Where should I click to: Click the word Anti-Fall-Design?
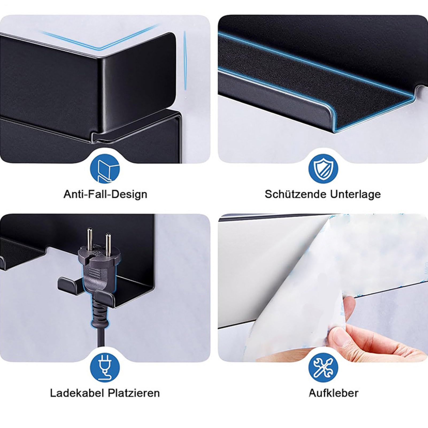pyautogui.click(x=105, y=194)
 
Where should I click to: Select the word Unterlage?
pyautogui.click(x=355, y=194)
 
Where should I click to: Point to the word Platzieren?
pyautogui.click(x=134, y=393)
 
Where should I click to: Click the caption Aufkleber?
pyautogui.click(x=333, y=393)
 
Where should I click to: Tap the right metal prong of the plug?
pyautogui.click(x=108, y=243)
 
